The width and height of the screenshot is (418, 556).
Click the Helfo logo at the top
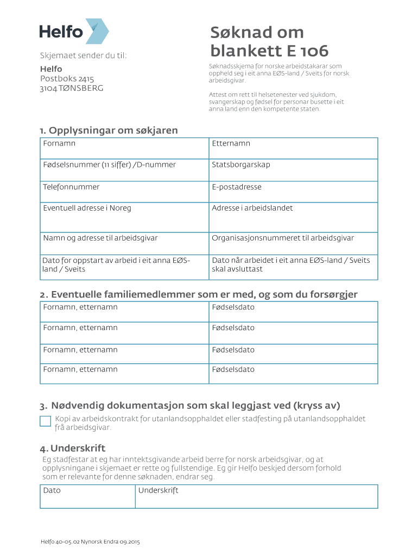pos(74,31)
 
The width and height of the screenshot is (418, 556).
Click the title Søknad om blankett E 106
pos(269,42)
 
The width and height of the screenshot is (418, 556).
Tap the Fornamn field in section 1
pos(124,148)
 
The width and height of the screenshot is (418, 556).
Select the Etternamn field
pos(293,148)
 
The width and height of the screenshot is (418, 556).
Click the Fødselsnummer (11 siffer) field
pos(124,170)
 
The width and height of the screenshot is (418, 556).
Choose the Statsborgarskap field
pos(293,170)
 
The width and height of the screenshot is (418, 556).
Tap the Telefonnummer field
pos(124,192)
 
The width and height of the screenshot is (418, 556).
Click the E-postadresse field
pos(293,192)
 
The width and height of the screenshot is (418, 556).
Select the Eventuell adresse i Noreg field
pos(124,217)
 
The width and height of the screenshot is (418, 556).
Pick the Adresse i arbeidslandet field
pos(293,217)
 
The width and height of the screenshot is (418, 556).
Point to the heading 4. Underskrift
pos(72,448)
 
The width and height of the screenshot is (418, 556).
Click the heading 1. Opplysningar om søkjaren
pos(109,130)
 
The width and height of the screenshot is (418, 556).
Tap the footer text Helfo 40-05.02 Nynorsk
pos(90,542)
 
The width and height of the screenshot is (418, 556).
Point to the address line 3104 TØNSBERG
pos(72,88)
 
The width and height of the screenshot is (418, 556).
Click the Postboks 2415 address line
pos(67,79)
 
